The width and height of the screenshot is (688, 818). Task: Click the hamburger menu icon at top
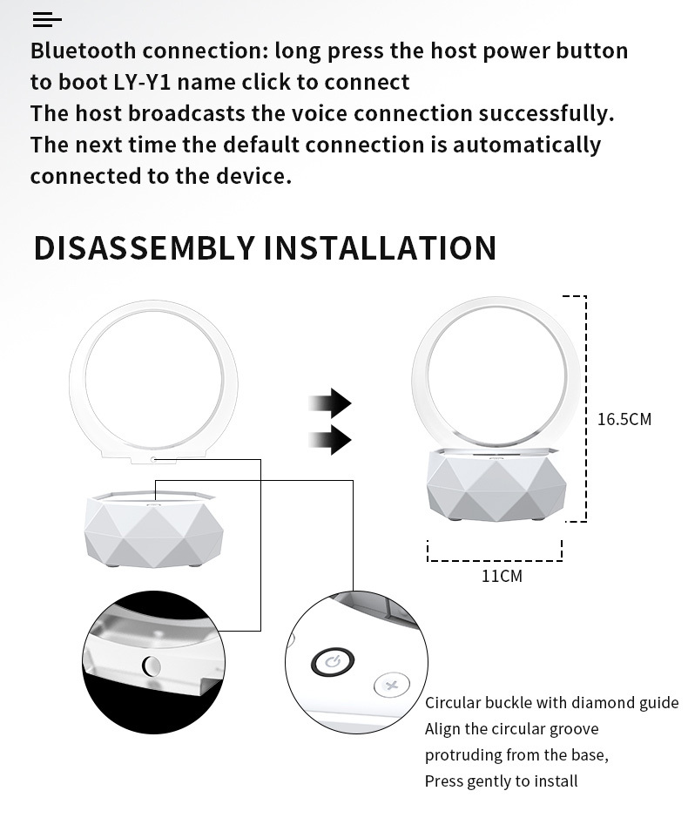click(46, 19)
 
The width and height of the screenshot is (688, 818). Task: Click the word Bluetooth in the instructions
click(83, 51)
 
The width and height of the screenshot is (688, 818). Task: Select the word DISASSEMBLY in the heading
click(145, 248)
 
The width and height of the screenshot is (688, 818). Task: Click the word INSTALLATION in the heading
click(380, 248)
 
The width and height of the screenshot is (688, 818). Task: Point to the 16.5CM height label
click(624, 419)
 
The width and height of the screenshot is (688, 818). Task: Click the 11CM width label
click(502, 576)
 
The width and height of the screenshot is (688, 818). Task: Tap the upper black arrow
click(330, 403)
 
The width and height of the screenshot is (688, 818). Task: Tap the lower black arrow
click(330, 440)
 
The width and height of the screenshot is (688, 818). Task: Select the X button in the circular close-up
click(391, 686)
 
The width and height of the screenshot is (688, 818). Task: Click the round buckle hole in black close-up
click(152, 666)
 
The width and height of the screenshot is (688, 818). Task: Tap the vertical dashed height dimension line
click(585, 409)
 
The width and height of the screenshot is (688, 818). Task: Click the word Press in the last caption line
click(443, 781)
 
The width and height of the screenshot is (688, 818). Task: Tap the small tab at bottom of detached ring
click(153, 458)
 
